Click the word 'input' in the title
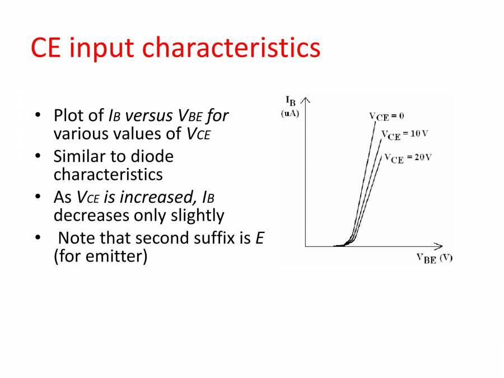pyautogui.click(x=101, y=48)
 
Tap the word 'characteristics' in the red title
pyautogui.click(x=231, y=47)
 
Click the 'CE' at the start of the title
pyautogui.click(x=45, y=48)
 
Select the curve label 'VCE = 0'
pyautogui.click(x=386, y=116)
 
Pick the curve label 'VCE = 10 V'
pyautogui.click(x=405, y=134)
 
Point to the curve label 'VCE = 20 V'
pyautogui.click(x=408, y=158)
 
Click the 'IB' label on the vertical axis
pyautogui.click(x=291, y=101)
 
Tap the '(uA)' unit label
pyautogui.click(x=290, y=114)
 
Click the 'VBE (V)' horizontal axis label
pyautogui.click(x=435, y=258)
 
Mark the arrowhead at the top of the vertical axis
pyautogui.click(x=305, y=99)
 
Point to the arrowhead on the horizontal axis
pyautogui.click(x=440, y=246)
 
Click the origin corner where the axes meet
pyautogui.click(x=305, y=246)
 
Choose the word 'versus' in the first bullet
pyautogui.click(x=149, y=116)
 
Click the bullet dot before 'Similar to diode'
pyautogui.click(x=38, y=156)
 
